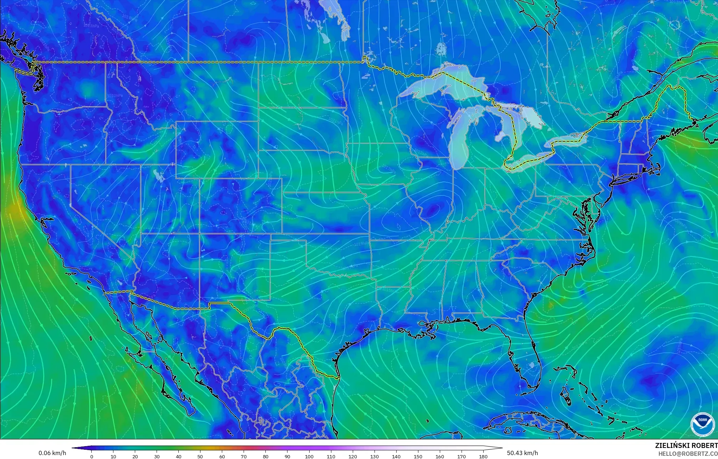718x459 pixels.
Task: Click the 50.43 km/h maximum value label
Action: (522, 453)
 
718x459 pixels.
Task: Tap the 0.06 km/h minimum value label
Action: (52, 453)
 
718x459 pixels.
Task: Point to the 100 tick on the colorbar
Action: (309, 456)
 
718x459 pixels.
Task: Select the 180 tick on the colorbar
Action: (483, 456)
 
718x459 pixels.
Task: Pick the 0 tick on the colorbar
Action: (92, 456)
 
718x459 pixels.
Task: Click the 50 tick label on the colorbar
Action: (200, 456)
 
